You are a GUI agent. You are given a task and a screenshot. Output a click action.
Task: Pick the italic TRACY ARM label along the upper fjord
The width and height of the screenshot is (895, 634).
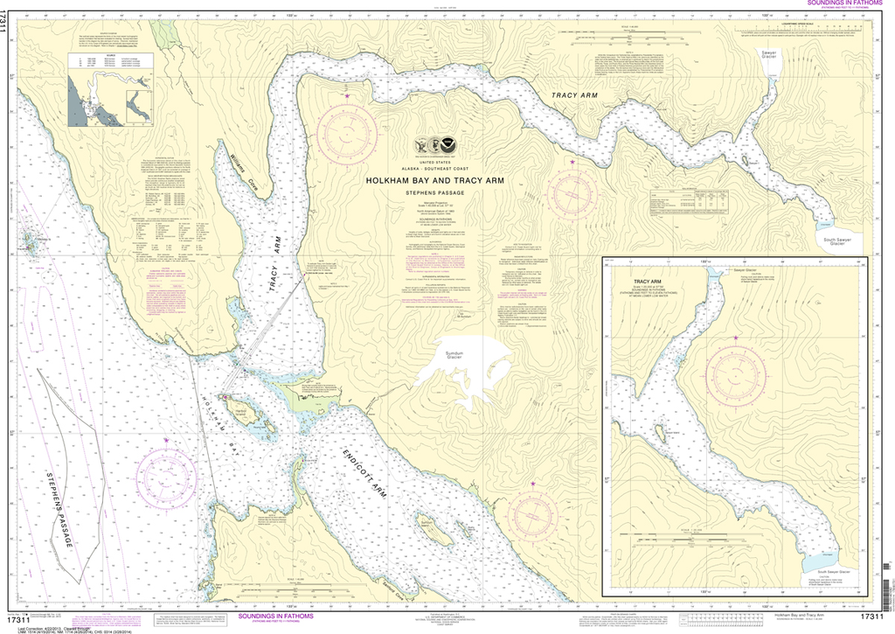[573, 94]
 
